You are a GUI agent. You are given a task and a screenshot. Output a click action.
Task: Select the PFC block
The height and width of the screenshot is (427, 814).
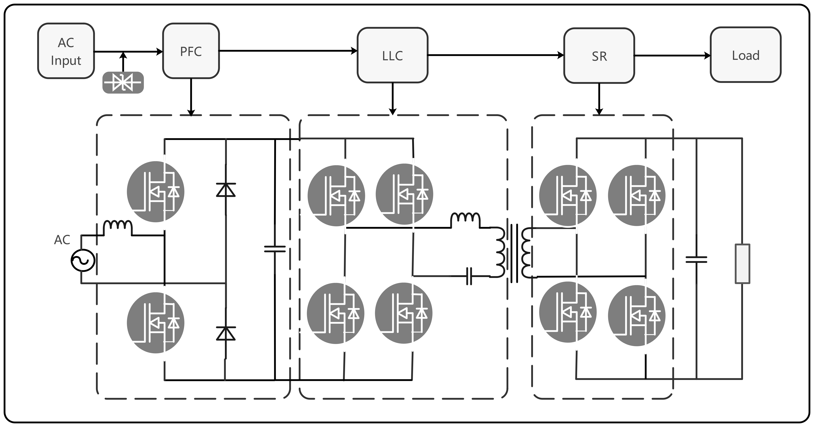point(191,51)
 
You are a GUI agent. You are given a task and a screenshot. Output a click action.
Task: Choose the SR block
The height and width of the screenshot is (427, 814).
point(599,56)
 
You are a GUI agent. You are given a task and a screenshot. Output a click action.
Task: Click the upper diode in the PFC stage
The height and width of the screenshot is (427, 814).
point(226,190)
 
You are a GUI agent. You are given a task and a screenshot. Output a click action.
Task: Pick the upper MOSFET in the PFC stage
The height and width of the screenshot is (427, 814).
point(155,192)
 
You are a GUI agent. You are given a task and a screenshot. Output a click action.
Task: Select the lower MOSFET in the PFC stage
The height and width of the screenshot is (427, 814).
point(155,323)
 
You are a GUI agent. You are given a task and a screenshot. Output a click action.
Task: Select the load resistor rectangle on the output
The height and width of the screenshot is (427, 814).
point(742,264)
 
